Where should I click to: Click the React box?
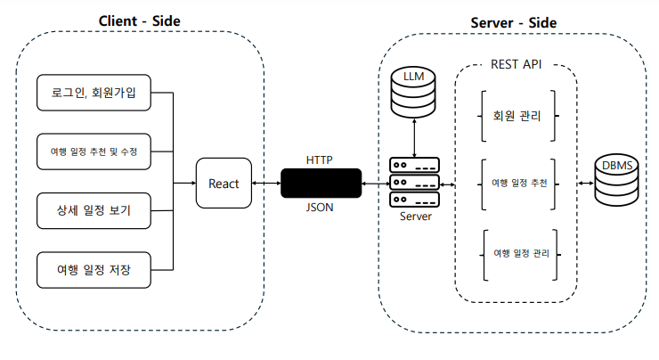click(x=224, y=183)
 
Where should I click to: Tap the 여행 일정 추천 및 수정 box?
click(x=93, y=151)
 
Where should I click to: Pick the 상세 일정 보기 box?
click(x=93, y=211)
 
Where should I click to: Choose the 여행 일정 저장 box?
click(x=93, y=269)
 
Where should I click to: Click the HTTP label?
click(x=321, y=160)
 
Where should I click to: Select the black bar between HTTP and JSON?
click(x=321, y=183)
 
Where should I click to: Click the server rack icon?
click(x=414, y=183)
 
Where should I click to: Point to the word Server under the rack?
click(x=414, y=217)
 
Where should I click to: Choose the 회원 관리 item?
click(x=517, y=115)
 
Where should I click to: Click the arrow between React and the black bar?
click(x=266, y=183)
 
